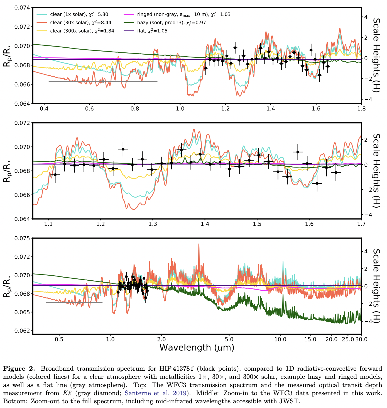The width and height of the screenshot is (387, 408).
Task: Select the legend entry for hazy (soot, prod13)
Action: [x=171, y=23]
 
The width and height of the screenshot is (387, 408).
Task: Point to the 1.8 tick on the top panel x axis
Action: [x=361, y=108]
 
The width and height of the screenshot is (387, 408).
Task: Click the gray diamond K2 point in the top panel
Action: [x=103, y=81]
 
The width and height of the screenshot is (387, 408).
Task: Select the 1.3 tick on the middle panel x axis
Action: [x=153, y=224]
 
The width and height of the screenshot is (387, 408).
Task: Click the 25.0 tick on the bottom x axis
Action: [x=348, y=339]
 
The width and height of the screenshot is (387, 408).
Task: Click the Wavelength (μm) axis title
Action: [x=197, y=348]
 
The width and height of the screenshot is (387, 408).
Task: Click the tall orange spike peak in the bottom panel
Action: [x=199, y=244]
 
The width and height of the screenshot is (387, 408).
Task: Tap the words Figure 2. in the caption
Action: [x=19, y=369]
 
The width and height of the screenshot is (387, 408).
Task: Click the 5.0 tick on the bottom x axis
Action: [x=229, y=339]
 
